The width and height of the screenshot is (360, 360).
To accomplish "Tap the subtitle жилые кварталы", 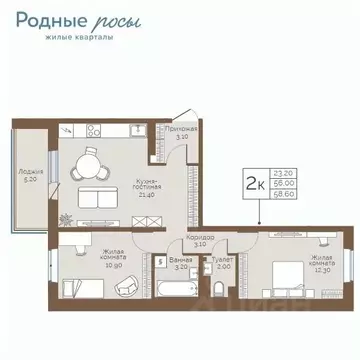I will point(79,38).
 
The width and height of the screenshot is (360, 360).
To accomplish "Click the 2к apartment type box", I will point(256,183).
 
